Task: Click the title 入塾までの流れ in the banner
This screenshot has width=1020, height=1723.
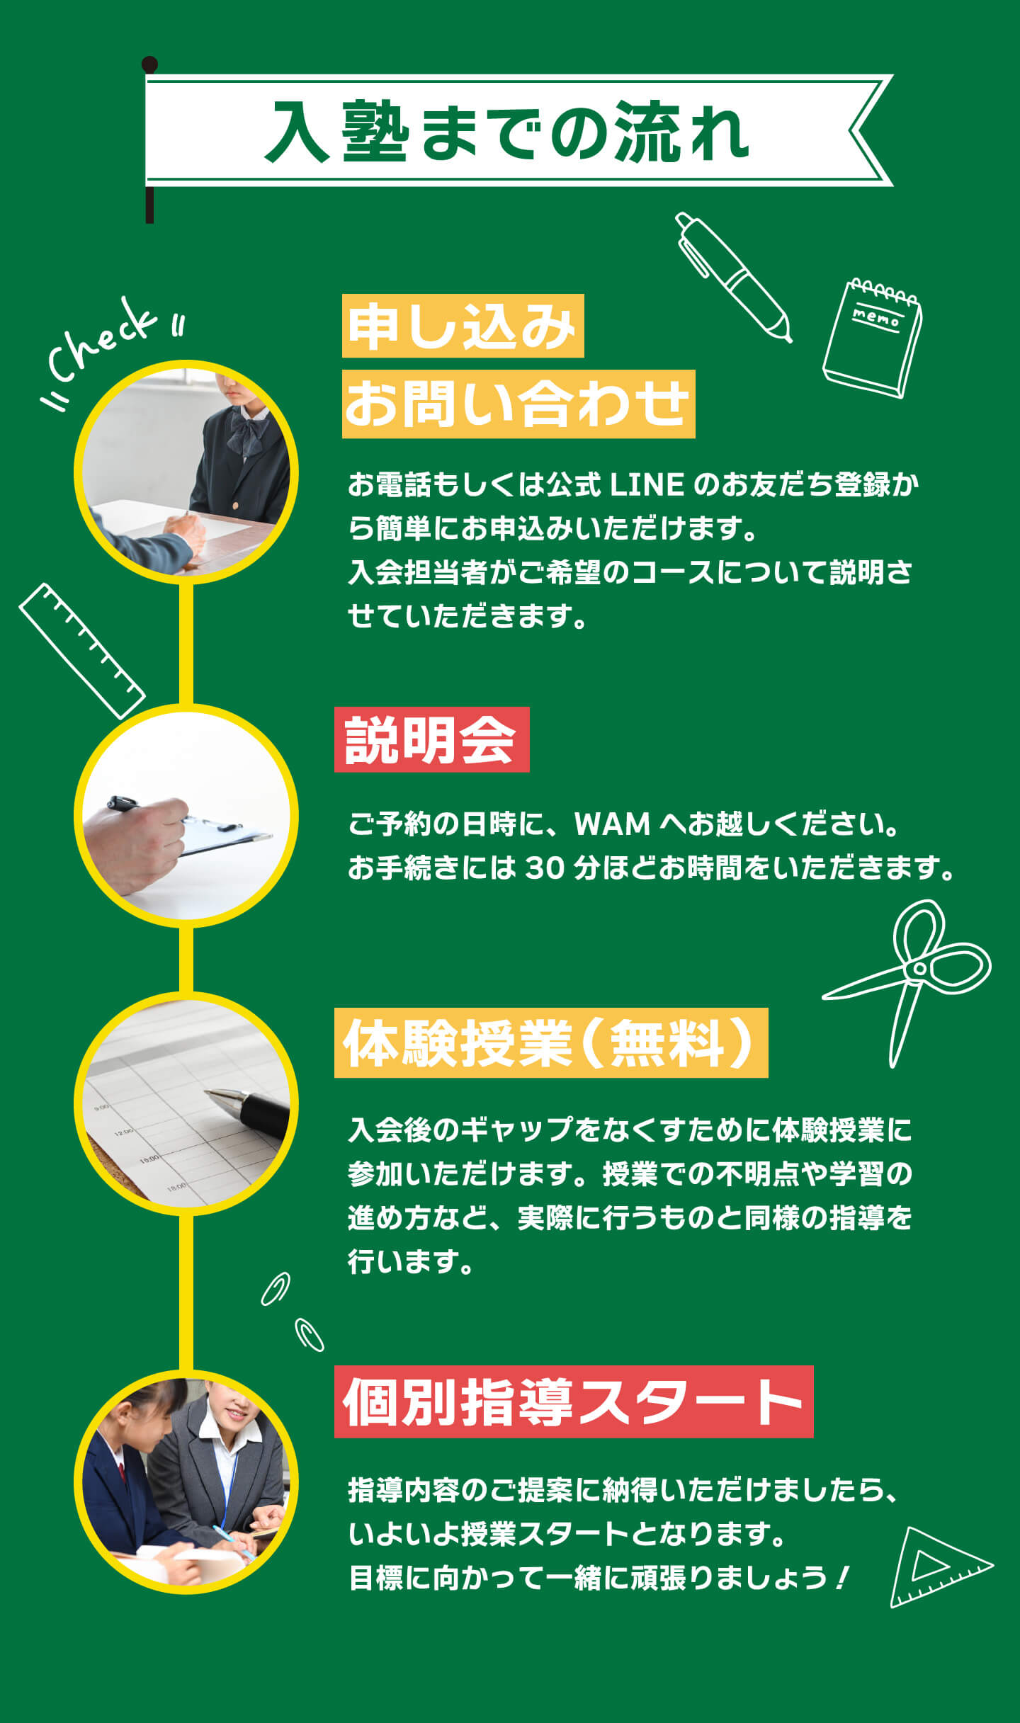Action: pyautogui.click(x=507, y=132)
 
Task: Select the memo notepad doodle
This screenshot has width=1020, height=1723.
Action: pyautogui.click(x=873, y=338)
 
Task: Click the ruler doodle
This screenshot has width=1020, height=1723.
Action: pyautogui.click(x=82, y=651)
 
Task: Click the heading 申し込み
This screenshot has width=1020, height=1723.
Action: pyautogui.click(x=463, y=326)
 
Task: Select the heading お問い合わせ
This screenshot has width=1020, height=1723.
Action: pyautogui.click(x=518, y=404)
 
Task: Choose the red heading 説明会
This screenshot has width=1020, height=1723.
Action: pyautogui.click(x=431, y=739)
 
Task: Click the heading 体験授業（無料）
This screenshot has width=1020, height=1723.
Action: pyautogui.click(x=551, y=1042)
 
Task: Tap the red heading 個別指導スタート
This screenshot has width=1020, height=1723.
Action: pyautogui.click(x=574, y=1402)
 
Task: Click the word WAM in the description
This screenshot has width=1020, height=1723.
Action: pyautogui.click(x=612, y=824)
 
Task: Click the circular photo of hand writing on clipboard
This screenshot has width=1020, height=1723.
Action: pyautogui.click(x=186, y=815)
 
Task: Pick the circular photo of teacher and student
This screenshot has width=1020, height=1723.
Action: pyautogui.click(x=186, y=1482)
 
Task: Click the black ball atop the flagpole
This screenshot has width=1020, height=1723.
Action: pyautogui.click(x=149, y=64)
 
